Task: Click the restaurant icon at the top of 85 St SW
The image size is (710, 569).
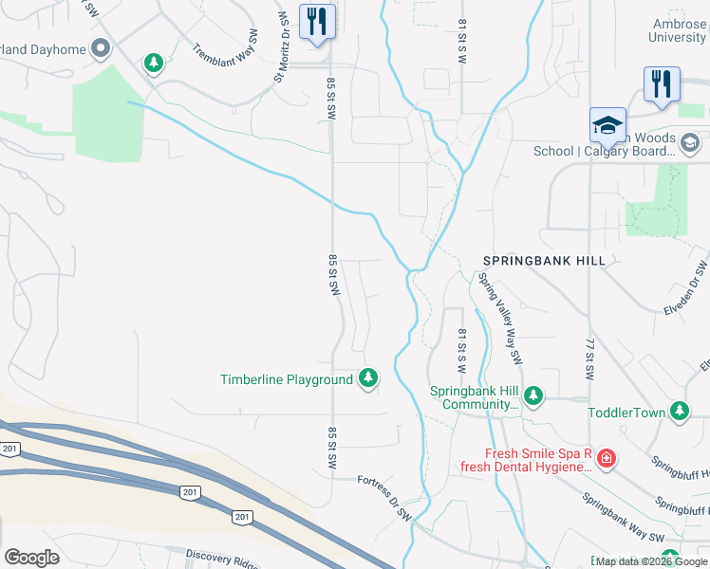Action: [x=316, y=22]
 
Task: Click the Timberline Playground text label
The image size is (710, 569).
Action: [x=287, y=379]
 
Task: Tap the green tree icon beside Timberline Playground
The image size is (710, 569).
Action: [x=367, y=379]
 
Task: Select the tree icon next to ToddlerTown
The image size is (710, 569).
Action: [x=679, y=411]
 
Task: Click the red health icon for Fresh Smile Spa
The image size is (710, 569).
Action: [x=606, y=460]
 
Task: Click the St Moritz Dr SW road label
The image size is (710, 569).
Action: [x=282, y=47]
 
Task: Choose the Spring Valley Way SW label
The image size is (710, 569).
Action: [x=500, y=319]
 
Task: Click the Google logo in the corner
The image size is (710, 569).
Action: [x=31, y=558]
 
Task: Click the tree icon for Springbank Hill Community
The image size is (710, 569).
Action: [x=533, y=395]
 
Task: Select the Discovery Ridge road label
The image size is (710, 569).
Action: [x=221, y=558]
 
